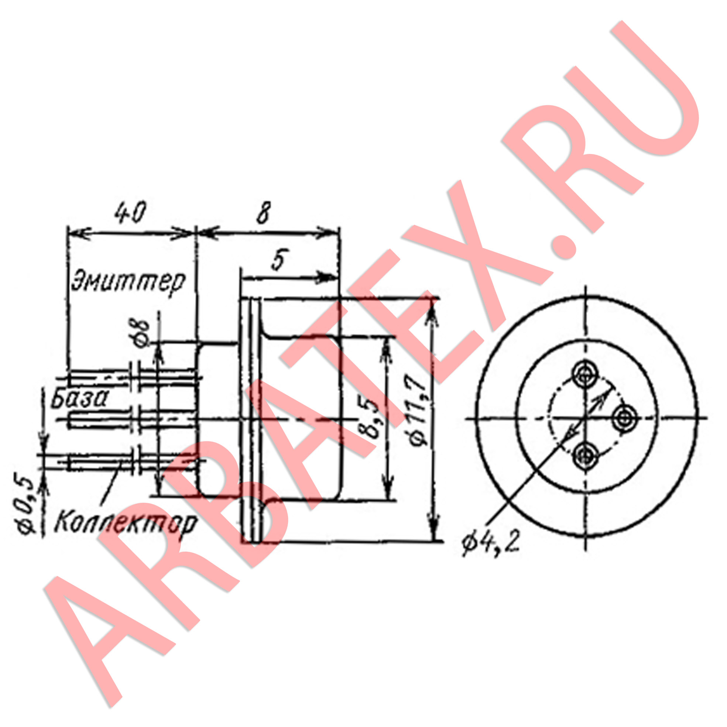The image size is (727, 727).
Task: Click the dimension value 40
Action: click(x=130, y=213)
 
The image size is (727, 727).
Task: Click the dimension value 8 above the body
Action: click(x=263, y=213)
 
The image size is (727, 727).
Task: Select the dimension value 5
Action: click(x=278, y=259)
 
